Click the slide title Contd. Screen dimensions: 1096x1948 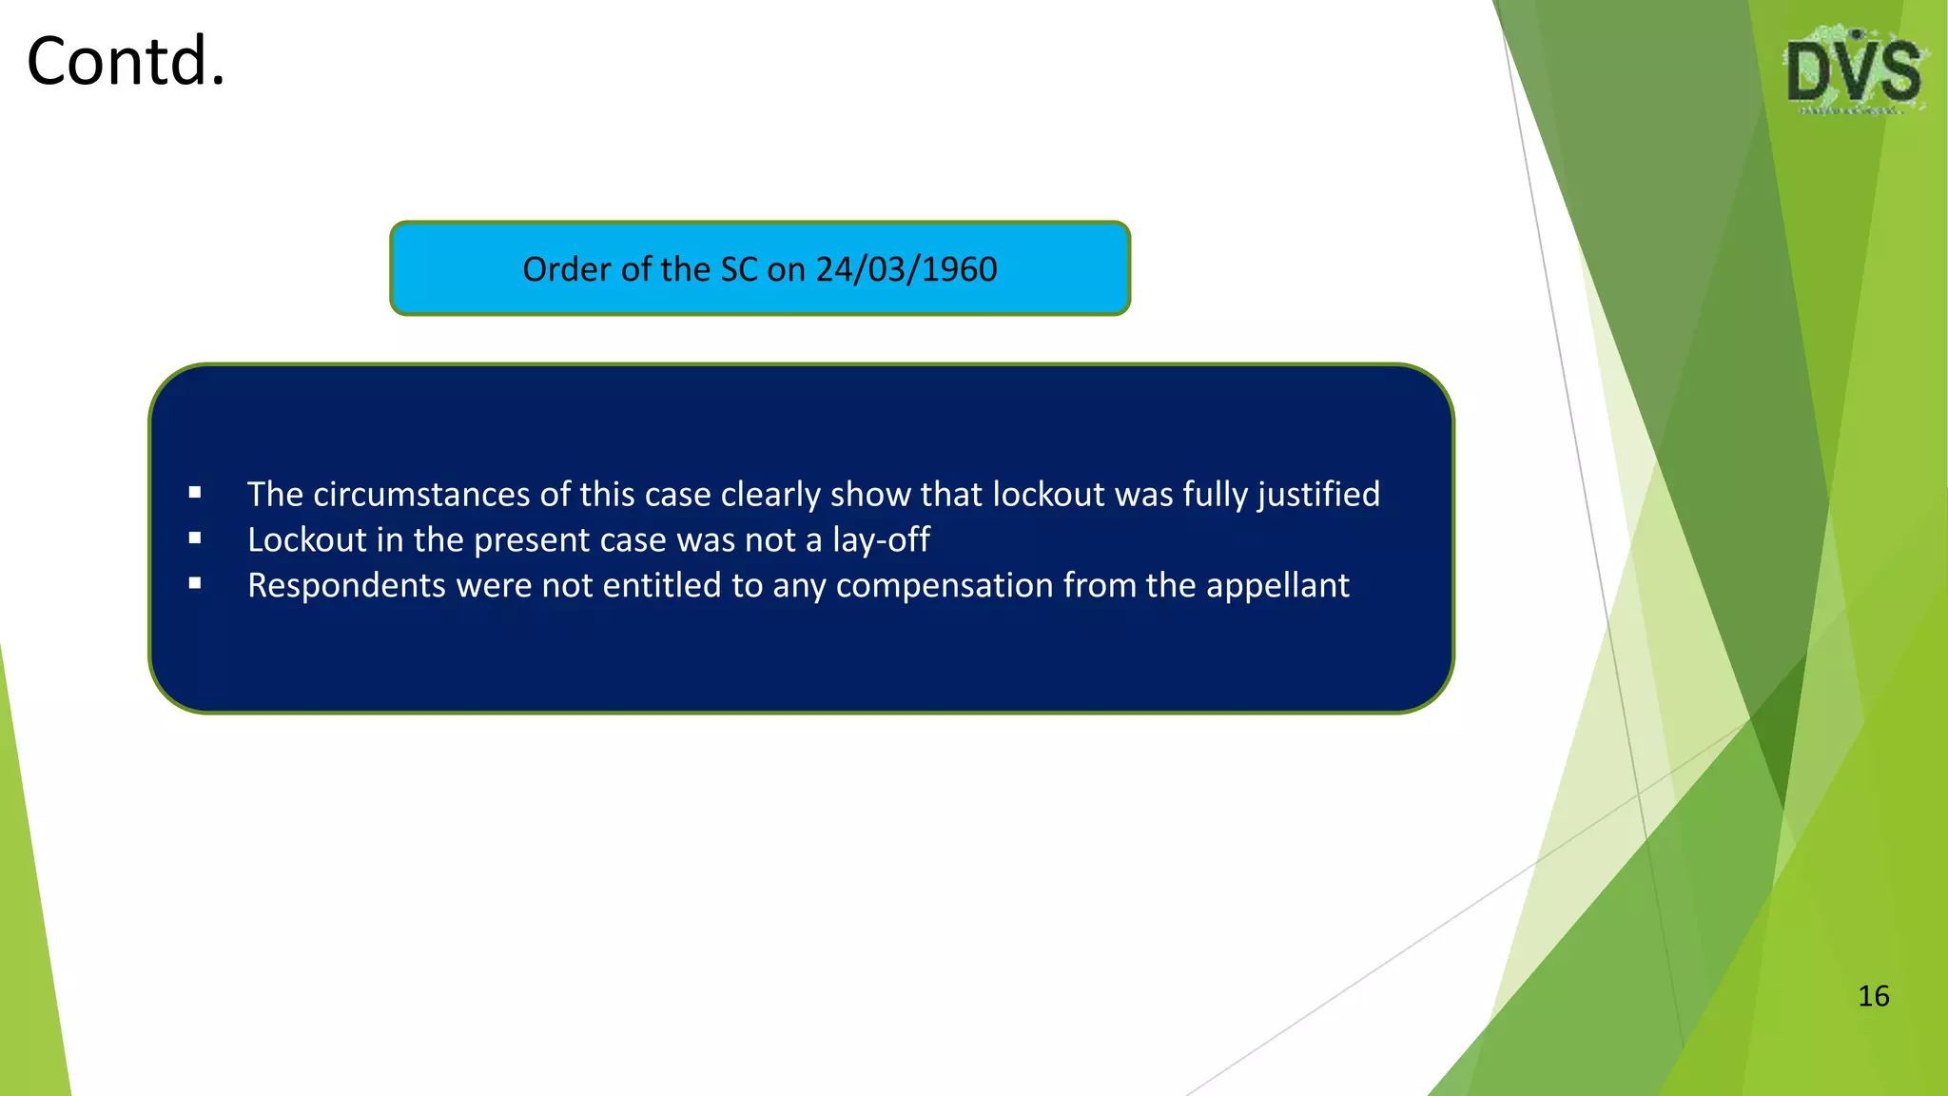[x=126, y=62]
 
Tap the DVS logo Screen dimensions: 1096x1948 [x=1854, y=71]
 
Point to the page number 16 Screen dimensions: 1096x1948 [x=1873, y=996]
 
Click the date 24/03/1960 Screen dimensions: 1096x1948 [x=906, y=269]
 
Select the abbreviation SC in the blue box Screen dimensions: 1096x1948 [x=739, y=269]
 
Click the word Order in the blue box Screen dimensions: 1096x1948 [x=567, y=269]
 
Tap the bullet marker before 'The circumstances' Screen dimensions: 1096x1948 [x=195, y=493]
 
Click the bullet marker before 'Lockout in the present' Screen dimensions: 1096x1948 [x=195, y=538]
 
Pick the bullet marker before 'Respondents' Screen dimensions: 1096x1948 [x=195, y=584]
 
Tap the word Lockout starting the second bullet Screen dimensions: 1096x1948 [x=306, y=540]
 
